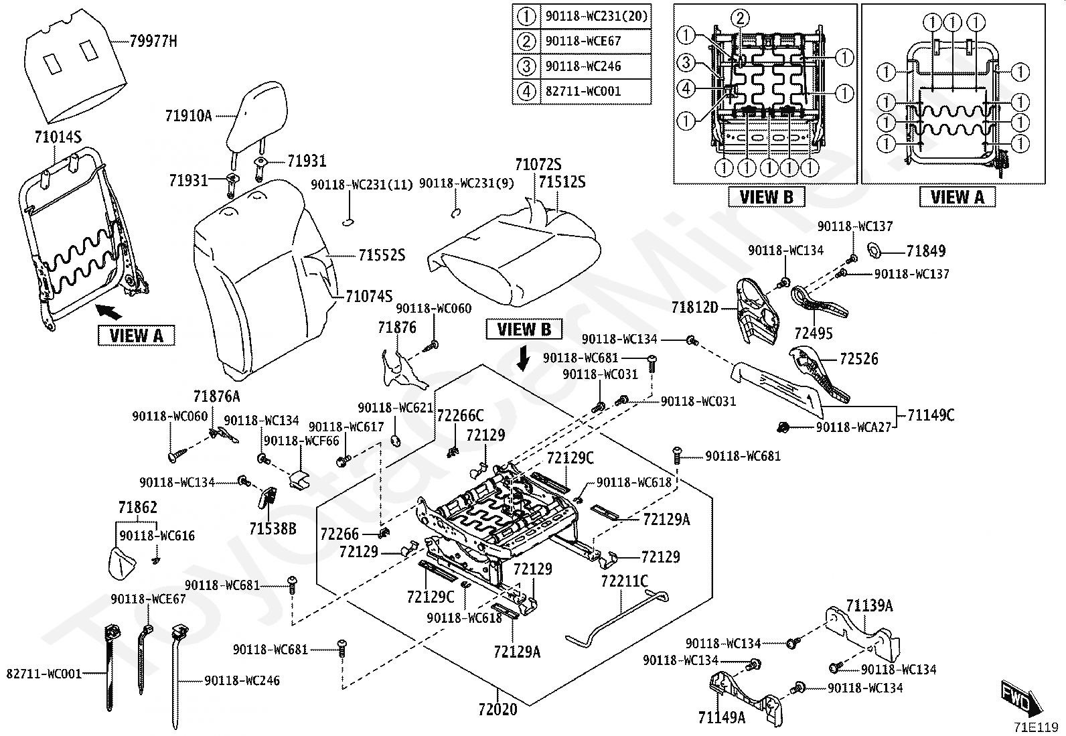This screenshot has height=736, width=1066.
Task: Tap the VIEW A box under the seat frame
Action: tap(136, 335)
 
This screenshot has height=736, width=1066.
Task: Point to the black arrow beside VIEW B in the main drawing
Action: tap(524, 359)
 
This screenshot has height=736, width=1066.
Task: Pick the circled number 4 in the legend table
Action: tap(527, 91)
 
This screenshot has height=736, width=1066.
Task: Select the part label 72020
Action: tap(498, 709)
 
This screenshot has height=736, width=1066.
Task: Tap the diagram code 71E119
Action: tap(1035, 727)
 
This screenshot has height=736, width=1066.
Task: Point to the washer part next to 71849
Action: tap(874, 251)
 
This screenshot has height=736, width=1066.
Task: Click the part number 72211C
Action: tap(624, 581)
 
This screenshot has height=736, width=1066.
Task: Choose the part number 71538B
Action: tap(273, 529)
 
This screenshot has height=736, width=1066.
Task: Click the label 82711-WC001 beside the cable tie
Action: tap(44, 673)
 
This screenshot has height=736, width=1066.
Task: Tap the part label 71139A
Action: tap(869, 606)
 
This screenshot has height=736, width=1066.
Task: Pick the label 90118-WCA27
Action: tap(853, 427)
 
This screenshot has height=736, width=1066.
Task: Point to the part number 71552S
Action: tap(382, 255)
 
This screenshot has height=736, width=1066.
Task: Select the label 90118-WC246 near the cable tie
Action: tap(242, 680)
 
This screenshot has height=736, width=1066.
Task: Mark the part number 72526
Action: tap(858, 359)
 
